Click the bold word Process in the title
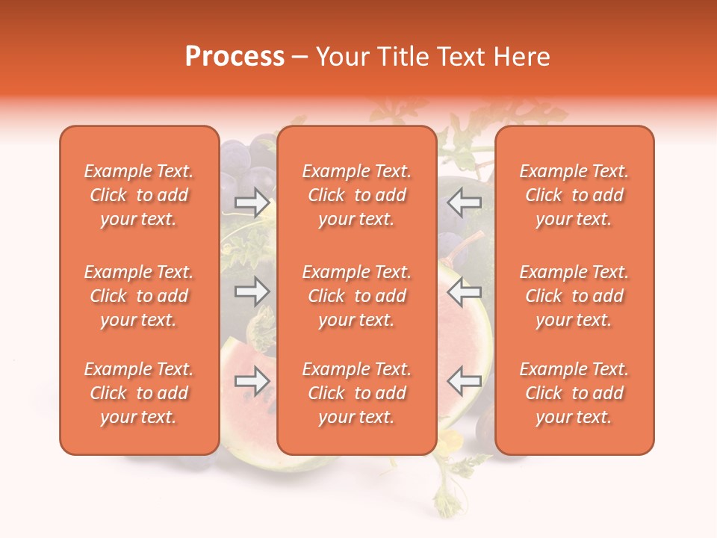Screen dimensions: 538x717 click(x=235, y=57)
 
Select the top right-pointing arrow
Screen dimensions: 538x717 click(x=252, y=202)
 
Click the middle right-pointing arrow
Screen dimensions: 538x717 click(x=252, y=291)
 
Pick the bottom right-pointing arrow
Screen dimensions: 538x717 click(x=252, y=382)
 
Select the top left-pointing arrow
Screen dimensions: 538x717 click(x=465, y=201)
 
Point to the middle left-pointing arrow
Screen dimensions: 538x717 click(x=465, y=291)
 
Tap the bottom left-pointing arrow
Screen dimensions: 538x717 click(x=465, y=382)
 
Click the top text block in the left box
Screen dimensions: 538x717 click(x=139, y=195)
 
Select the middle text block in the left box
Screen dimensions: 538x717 click(x=139, y=296)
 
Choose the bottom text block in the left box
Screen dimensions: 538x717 click(x=139, y=393)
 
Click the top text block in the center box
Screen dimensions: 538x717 click(x=357, y=195)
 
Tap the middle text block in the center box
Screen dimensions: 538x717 click(x=357, y=296)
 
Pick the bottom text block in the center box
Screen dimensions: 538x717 click(x=357, y=393)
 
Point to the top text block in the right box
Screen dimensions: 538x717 click(x=574, y=195)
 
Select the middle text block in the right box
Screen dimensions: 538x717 click(x=574, y=296)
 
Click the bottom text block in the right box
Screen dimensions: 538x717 click(x=574, y=393)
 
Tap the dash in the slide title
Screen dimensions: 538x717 click(x=300, y=58)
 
